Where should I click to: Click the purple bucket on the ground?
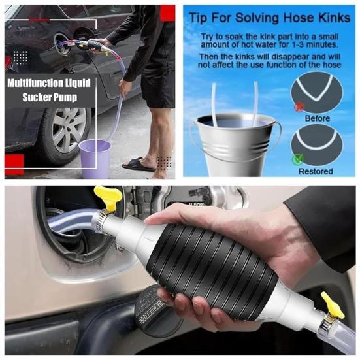coord(95,158)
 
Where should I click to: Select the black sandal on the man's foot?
coord(139,164)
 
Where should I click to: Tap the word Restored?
coord(316,171)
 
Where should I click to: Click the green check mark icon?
coord(297,157)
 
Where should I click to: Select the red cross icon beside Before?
coord(299,105)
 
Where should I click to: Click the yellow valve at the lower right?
coord(333,304)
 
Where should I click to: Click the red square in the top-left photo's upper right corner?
coord(167,12)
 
